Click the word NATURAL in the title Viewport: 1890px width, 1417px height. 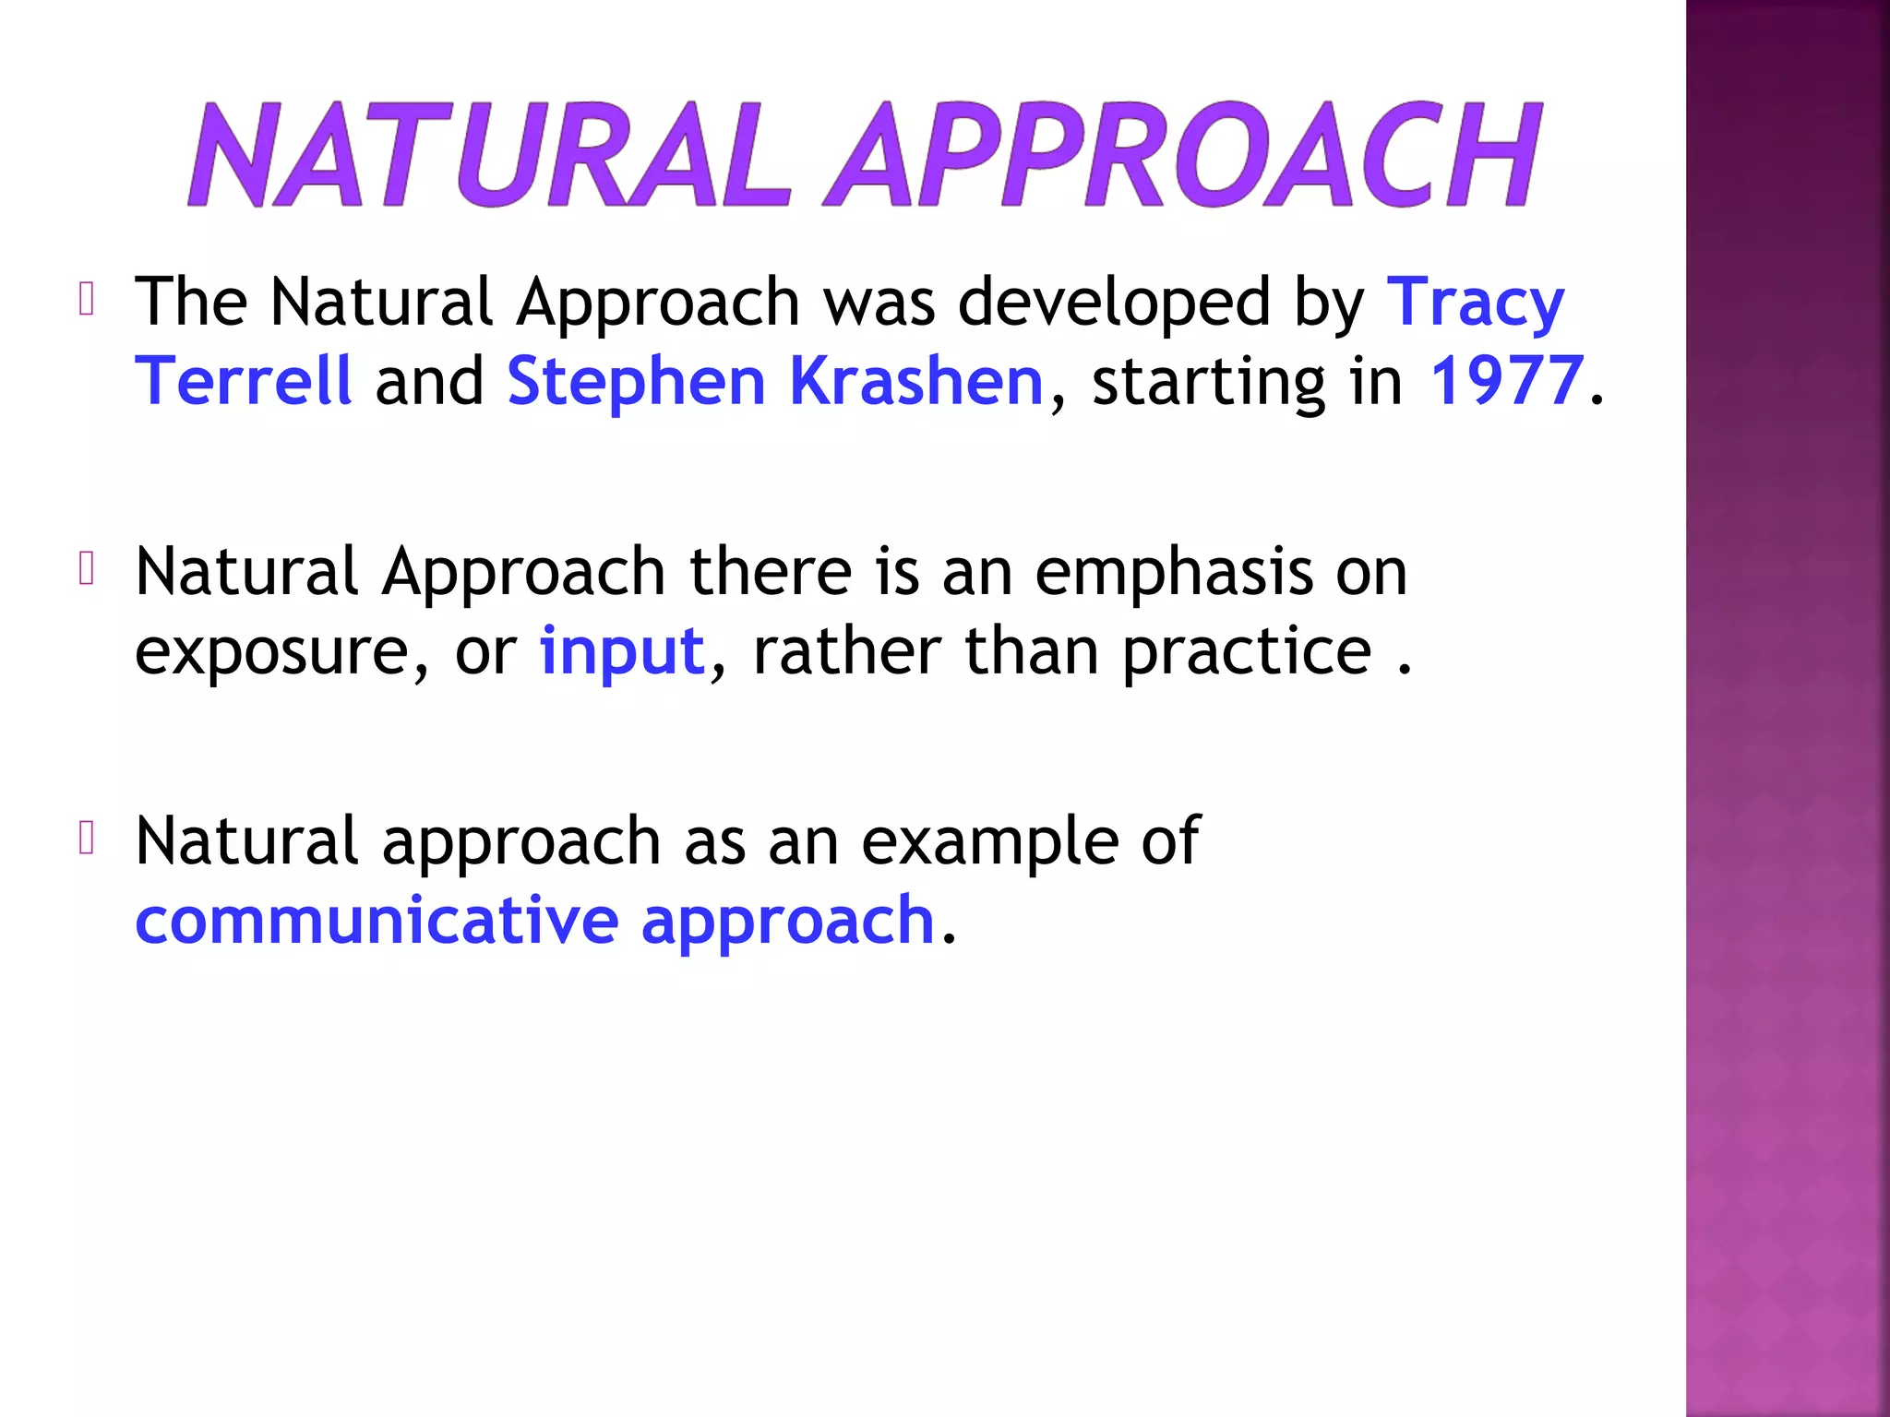click(489, 155)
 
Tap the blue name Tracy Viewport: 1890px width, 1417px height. click(1475, 303)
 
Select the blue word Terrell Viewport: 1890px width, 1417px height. click(243, 381)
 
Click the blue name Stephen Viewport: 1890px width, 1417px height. click(636, 381)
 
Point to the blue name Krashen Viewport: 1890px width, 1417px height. click(916, 381)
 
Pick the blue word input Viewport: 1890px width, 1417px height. click(622, 651)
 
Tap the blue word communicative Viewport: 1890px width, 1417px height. click(377, 921)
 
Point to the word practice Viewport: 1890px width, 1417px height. click(1247, 651)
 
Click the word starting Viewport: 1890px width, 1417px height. click(1208, 381)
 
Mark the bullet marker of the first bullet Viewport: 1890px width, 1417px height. click(87, 299)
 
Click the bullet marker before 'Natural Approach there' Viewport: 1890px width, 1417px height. click(87, 568)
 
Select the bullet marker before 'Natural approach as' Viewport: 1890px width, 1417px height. click(87, 838)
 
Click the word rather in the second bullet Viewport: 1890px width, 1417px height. click(846, 651)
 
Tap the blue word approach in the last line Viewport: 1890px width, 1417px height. click(788, 921)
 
